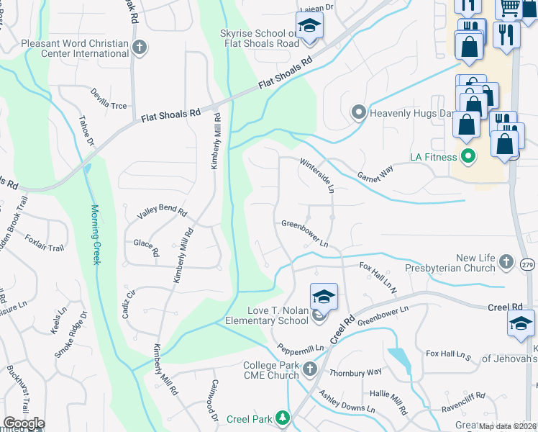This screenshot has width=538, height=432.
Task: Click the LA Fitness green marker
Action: point(468,156)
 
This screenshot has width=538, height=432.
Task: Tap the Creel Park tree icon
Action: point(283,418)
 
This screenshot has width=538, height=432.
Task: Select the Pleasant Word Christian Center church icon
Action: point(140,48)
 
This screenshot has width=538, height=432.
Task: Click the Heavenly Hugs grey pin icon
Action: point(358,112)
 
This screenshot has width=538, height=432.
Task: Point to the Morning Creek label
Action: point(95,234)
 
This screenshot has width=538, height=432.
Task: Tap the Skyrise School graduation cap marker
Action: point(310,27)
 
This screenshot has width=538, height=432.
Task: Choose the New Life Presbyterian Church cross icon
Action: point(506,261)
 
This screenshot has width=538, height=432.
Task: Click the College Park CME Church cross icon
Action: point(310,369)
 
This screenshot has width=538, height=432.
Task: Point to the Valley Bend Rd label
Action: point(163,213)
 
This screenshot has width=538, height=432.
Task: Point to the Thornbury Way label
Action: point(355,372)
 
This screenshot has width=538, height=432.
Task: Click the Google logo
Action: point(24,423)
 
